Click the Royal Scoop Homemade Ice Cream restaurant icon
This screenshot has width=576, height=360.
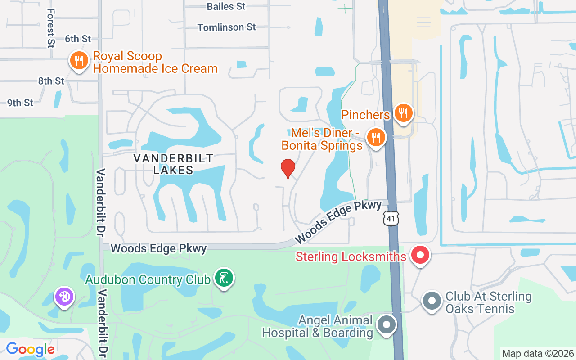click(79, 61)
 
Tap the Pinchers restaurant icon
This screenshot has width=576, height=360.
click(403, 113)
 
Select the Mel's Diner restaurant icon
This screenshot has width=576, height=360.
click(376, 136)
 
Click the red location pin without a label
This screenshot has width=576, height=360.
click(288, 168)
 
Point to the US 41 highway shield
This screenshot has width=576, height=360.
click(391, 219)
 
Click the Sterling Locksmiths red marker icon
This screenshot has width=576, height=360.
click(420, 256)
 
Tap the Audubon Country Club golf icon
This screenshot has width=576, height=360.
click(224, 279)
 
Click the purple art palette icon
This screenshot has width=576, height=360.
click(64, 297)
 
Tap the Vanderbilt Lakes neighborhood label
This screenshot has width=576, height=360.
click(173, 164)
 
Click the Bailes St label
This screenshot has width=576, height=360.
click(226, 6)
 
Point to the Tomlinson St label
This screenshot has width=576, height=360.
click(227, 27)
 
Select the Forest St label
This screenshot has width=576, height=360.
click(50, 28)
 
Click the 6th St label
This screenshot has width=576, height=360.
click(78, 39)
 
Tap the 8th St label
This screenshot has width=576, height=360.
click(51, 81)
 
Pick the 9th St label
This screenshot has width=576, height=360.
click(20, 103)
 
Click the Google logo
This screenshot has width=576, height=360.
click(30, 349)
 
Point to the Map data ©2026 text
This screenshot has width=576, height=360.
click(538, 353)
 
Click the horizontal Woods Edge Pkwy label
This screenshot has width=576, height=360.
click(158, 248)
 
